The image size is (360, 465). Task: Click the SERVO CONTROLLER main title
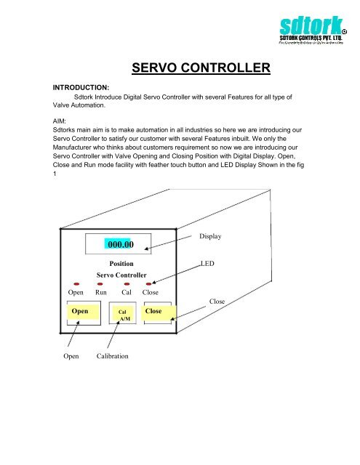tap(201, 69)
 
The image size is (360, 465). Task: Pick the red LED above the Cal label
tap(127, 284)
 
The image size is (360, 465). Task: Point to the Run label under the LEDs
tap(101, 293)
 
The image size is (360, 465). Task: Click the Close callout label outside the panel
tap(217, 300)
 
